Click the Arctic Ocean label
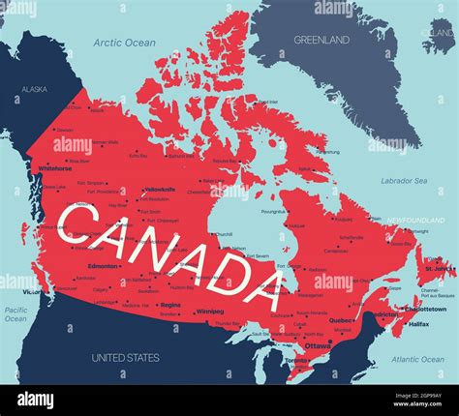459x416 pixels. (125, 43)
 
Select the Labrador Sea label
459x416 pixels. (404, 181)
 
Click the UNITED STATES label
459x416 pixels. (126, 358)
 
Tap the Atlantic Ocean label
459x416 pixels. (418, 359)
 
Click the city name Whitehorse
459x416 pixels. (55, 167)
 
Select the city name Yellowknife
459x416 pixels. (159, 190)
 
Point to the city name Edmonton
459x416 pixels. (103, 265)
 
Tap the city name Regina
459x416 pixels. (171, 304)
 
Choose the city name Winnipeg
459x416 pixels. (210, 312)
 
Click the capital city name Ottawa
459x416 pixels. (317, 345)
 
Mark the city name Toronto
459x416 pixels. (297, 360)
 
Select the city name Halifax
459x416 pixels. (419, 324)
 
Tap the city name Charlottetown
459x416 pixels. (425, 309)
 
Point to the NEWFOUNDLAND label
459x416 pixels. (415, 221)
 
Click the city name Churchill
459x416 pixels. (224, 234)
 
